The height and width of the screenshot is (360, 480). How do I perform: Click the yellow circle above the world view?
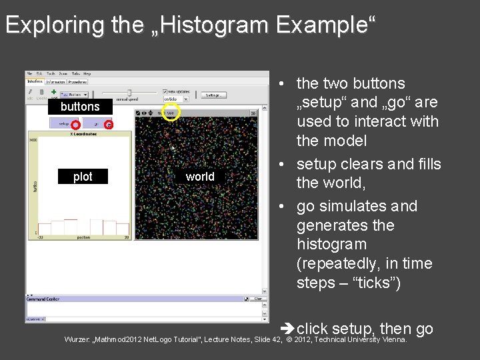171,112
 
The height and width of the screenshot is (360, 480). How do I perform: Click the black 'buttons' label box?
80,107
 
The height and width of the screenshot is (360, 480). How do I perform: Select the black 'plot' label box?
83,177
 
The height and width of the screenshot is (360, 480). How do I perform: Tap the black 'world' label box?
200,177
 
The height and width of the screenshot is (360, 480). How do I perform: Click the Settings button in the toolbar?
213,95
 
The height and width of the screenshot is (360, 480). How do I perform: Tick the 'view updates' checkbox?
164,91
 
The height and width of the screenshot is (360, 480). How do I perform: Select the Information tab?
55,81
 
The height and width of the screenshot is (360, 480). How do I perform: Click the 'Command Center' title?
43,299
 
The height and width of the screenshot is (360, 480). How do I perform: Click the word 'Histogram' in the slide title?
208,25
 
